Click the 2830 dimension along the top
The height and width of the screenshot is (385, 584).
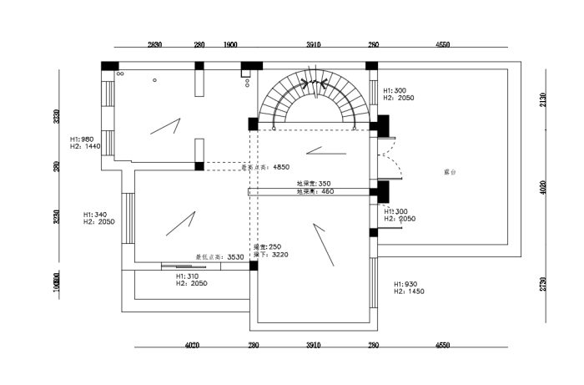(x=154, y=44)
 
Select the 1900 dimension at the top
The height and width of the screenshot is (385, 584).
(x=231, y=44)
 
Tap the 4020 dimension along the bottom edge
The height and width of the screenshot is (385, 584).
(x=191, y=344)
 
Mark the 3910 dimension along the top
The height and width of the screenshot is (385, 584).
(x=313, y=44)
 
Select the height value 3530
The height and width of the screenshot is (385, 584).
(x=235, y=257)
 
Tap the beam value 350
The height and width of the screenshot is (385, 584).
(x=324, y=184)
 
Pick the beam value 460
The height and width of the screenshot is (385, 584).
(x=326, y=192)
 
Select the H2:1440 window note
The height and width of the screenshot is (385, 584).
(x=86, y=146)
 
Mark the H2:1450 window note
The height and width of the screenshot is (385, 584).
(x=409, y=292)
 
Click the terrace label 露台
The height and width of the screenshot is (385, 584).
(x=450, y=173)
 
